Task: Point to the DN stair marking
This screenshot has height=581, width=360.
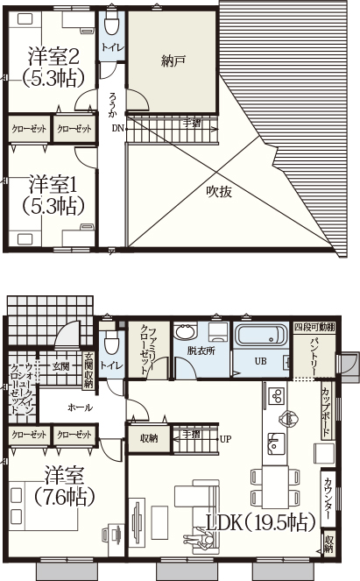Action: [117, 128]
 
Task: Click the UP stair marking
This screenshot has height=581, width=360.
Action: [225, 438]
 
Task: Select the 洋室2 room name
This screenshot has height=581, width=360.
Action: [54, 56]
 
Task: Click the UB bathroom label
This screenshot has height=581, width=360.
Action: [260, 361]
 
